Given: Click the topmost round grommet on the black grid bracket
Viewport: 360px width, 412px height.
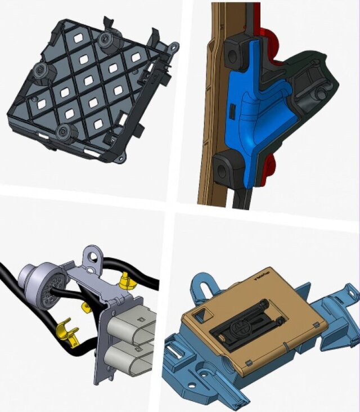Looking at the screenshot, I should (x=105, y=41).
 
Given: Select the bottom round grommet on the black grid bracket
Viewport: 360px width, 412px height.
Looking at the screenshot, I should (x=66, y=133).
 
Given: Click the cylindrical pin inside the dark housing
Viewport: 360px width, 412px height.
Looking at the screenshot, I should (x=321, y=92).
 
